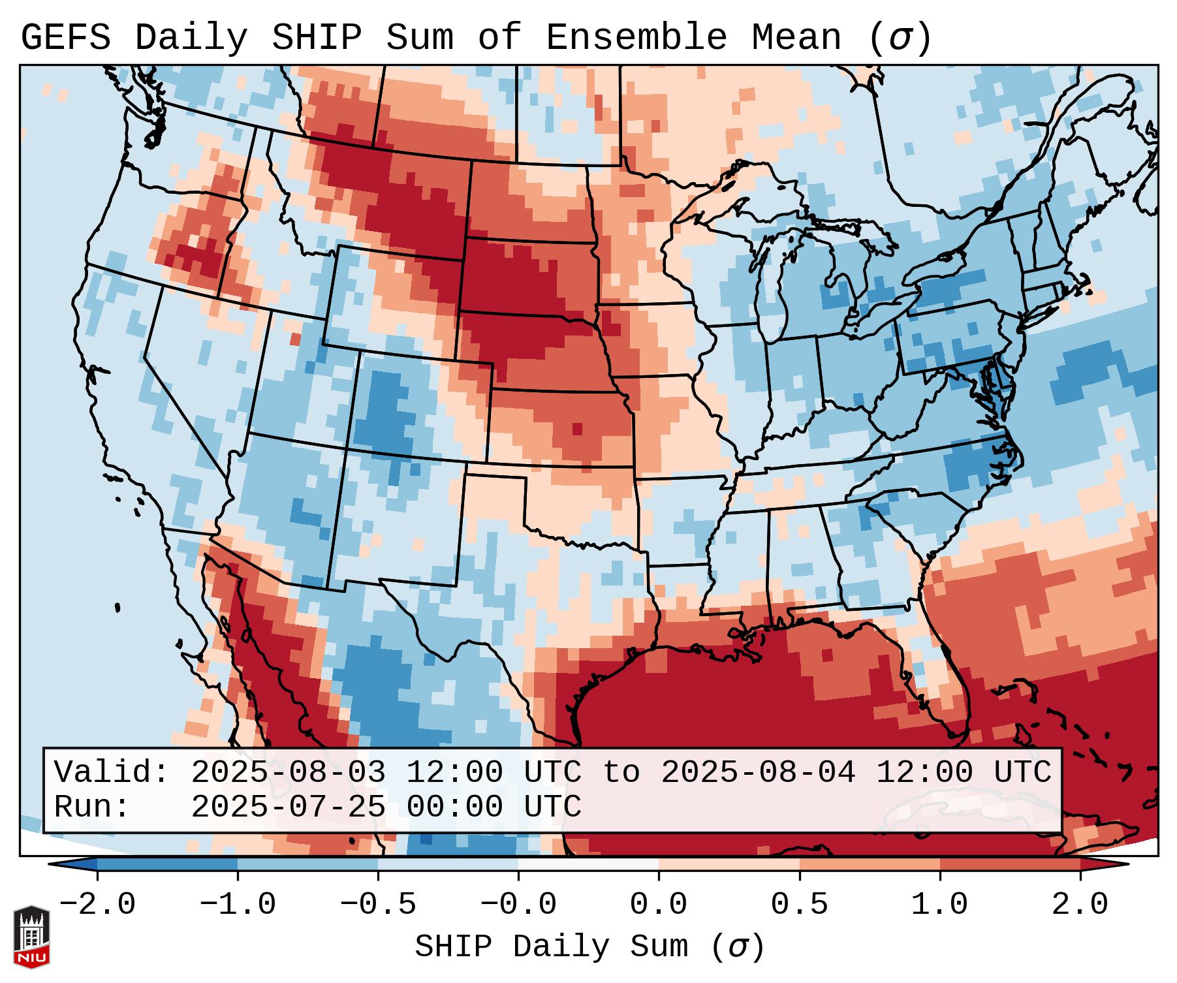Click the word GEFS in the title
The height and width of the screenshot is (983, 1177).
click(x=65, y=38)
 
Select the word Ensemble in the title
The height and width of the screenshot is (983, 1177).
click(x=636, y=38)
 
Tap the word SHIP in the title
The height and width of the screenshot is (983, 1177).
click(x=316, y=38)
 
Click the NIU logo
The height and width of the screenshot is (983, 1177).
click(x=31, y=937)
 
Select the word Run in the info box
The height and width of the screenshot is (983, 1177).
click(x=87, y=807)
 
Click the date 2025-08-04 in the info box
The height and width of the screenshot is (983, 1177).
click(x=758, y=773)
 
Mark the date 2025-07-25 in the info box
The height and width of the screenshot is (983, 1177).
click(x=288, y=807)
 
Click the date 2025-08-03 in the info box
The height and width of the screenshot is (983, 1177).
click(x=288, y=773)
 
